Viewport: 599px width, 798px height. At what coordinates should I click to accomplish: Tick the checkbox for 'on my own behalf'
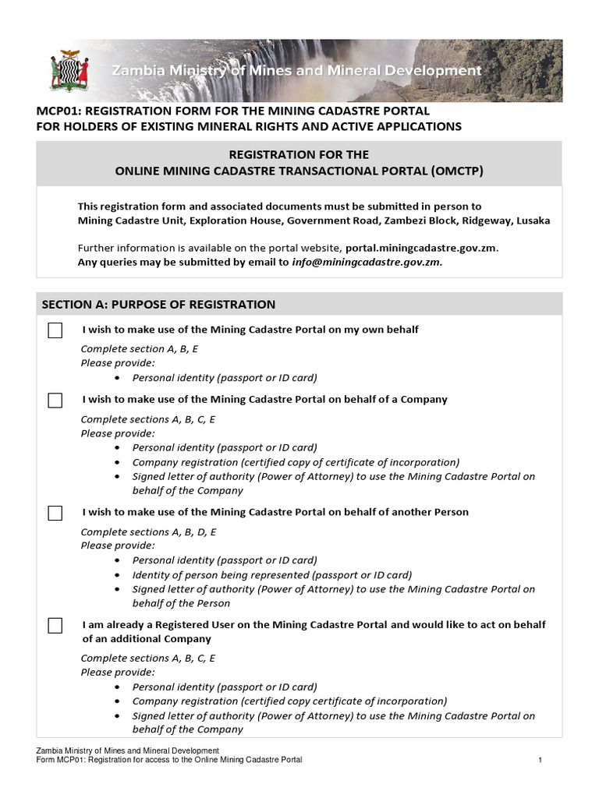55,330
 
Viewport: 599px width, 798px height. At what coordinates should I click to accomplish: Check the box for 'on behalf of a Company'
55,401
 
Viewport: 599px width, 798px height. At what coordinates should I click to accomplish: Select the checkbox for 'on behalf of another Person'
55,514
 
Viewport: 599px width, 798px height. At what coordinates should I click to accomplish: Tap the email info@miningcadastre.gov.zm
367,263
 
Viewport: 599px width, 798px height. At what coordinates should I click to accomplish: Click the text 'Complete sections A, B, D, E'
148,531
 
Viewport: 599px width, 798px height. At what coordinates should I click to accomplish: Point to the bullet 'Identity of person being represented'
272,574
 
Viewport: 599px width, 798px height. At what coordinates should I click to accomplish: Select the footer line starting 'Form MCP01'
169,759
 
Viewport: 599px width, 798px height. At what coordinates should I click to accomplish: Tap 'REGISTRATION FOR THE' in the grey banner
299,154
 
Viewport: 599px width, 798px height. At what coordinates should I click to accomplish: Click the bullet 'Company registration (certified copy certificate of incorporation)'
289,701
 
